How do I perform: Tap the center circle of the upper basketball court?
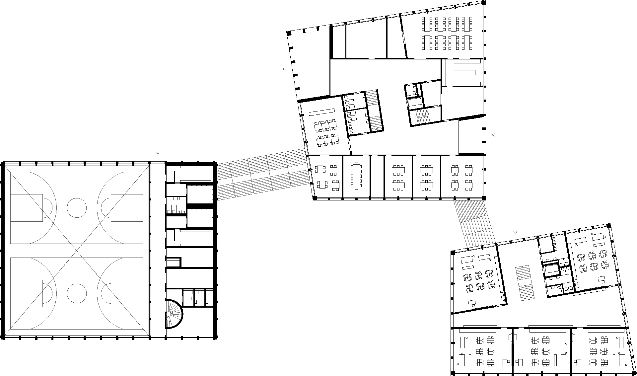click(77, 208)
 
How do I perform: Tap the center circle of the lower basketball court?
click(77, 293)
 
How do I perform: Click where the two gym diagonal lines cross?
click(77, 250)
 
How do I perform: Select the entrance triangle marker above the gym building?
click(158, 153)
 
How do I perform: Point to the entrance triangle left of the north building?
click(285, 70)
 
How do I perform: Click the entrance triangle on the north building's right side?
click(493, 135)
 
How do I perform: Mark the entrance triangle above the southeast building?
click(515, 232)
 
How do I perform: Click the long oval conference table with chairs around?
click(356, 176)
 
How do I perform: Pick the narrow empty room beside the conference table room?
click(377, 177)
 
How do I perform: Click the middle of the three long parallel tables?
click(464, 72)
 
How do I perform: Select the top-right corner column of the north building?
click(484, 3)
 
